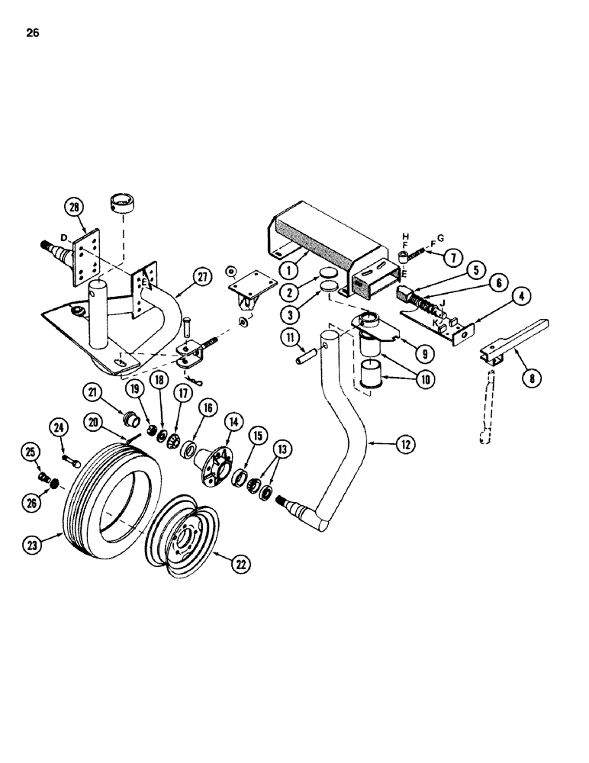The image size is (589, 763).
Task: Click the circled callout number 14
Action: click(x=233, y=420)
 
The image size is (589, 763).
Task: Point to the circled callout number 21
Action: click(x=93, y=392)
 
